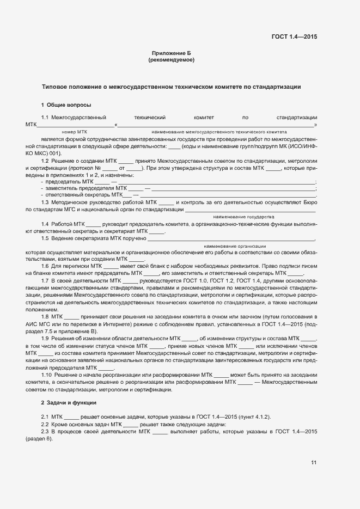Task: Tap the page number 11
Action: (x=314, y=463)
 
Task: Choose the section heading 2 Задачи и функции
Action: (x=69, y=402)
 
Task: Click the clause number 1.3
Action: (x=45, y=202)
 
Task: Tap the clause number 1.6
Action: (x=45, y=265)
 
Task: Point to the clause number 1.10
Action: (x=46, y=374)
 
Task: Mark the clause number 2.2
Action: (x=45, y=424)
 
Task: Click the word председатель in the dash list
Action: (x=63, y=181)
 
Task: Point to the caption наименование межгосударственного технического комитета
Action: (x=219, y=132)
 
